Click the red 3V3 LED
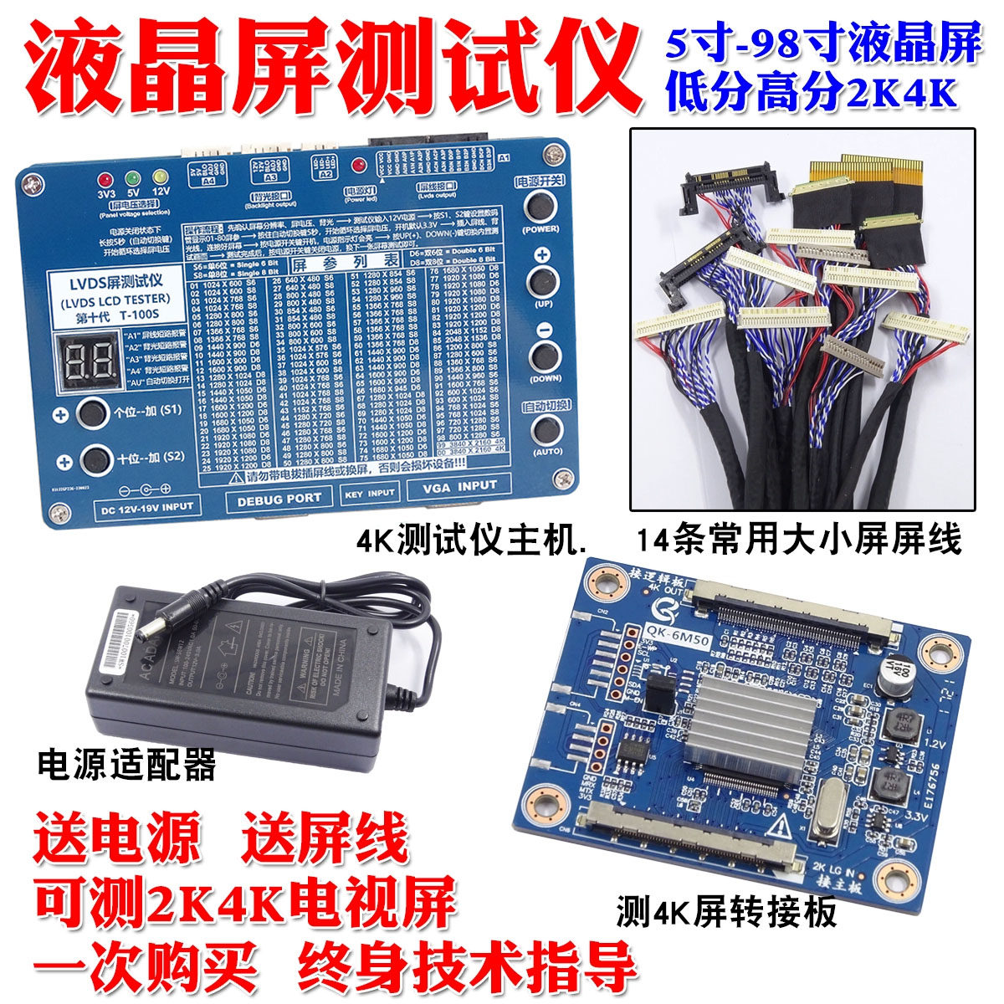pyautogui.click(x=106, y=179)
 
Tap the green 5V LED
pyautogui.click(x=131, y=178)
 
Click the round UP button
pyautogui.click(x=541, y=280)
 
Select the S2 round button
pyautogui.click(x=97, y=458)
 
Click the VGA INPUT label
pyautogui.click(x=459, y=485)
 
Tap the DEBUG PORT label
pyautogui.click(x=279, y=497)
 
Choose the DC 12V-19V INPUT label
pyautogui.click(x=146, y=506)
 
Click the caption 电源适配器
pyautogui.click(x=126, y=765)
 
